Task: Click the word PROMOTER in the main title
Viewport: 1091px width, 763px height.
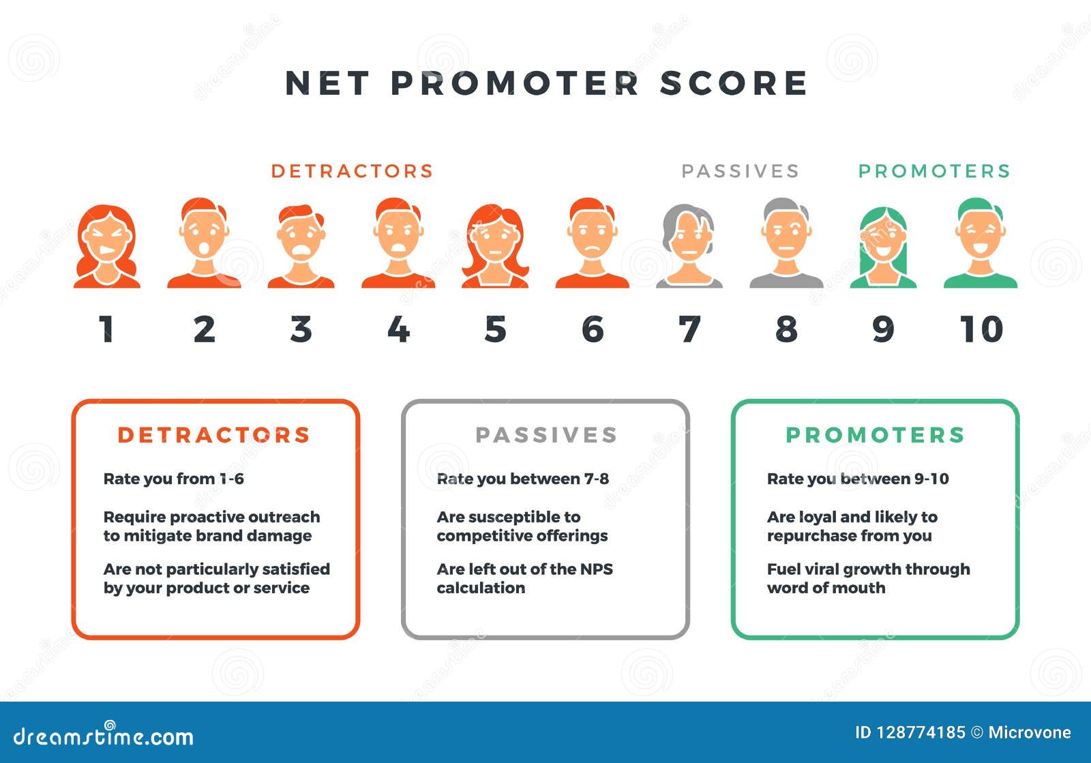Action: (515, 83)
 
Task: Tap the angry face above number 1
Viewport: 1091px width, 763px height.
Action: (107, 245)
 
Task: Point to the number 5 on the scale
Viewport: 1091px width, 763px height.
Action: (496, 329)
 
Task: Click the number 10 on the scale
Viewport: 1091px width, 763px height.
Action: (981, 329)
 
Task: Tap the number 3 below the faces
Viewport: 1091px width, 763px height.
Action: (301, 329)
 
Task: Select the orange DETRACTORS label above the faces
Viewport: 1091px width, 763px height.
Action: (352, 170)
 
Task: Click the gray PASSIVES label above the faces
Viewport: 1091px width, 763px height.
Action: (740, 170)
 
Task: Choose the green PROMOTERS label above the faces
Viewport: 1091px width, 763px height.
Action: (934, 170)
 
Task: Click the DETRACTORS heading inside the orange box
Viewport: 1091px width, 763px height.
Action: (214, 435)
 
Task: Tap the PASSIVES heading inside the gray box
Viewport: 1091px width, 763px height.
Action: (546, 435)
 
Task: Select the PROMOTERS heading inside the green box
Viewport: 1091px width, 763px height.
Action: (876, 435)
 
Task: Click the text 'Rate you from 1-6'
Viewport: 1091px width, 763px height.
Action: (173, 479)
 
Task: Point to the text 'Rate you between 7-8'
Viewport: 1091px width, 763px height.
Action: (522, 479)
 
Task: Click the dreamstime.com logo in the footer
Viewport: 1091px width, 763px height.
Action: (104, 736)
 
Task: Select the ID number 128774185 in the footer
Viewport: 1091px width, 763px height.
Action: (921, 732)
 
